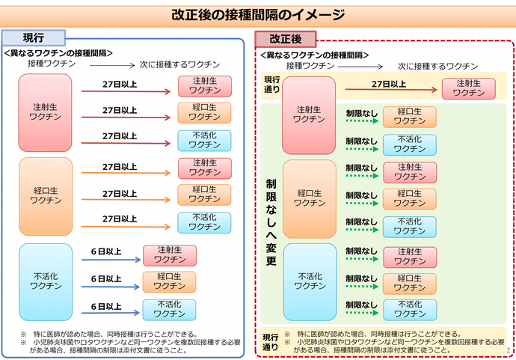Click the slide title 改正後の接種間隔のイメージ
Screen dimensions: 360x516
258,14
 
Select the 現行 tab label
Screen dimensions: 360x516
34,37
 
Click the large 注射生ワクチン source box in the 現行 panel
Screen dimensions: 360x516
46,112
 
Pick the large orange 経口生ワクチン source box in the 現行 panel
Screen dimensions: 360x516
46,196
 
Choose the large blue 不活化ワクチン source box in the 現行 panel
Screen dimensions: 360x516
46,280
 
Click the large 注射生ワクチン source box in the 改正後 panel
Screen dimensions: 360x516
309,115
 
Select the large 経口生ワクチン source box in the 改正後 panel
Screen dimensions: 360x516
309,198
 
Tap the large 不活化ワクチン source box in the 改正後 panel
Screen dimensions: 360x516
309,281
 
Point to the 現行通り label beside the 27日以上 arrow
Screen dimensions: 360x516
271,85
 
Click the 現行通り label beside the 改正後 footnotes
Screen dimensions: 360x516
271,342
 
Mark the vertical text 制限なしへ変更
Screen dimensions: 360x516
271,222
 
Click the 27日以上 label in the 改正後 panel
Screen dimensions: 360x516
389,84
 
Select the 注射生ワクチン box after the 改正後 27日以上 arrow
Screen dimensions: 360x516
468,88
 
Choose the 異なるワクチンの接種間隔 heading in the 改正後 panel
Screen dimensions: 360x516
314,55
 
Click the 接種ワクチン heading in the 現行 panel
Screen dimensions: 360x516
52,64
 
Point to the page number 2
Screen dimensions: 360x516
509,350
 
